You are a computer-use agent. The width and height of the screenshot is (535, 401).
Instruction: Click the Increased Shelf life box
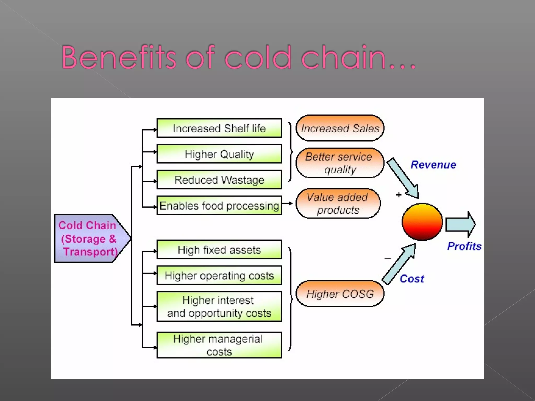coord(219,128)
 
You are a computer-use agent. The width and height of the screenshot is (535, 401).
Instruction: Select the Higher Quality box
coord(219,154)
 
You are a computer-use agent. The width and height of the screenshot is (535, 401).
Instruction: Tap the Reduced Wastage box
coord(219,180)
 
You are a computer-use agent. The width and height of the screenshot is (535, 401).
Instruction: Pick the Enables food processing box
coord(219,205)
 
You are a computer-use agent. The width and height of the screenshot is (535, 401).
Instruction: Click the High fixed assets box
coord(219,250)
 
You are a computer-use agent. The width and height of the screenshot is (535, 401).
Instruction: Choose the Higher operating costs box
coord(219,275)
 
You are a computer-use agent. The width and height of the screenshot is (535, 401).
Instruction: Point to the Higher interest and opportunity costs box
coord(219,306)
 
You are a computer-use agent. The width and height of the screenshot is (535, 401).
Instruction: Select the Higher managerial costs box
coord(219,345)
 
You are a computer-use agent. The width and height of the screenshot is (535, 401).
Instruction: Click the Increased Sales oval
coord(340,128)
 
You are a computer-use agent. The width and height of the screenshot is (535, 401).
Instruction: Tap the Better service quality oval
coord(340,163)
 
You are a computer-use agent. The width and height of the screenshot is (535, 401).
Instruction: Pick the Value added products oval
coord(338,203)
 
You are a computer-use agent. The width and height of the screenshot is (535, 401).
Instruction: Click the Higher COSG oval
coord(340,294)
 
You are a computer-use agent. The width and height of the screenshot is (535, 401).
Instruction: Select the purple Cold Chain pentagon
coord(89,238)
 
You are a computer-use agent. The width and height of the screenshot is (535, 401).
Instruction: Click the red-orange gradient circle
coord(422,222)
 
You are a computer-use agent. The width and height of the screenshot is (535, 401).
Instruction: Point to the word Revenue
coord(433,165)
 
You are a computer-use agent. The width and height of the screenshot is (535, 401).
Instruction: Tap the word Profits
coord(464,246)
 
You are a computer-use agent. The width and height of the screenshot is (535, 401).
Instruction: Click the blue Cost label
coord(412,279)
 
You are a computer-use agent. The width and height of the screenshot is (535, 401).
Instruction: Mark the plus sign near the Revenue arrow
coord(399,195)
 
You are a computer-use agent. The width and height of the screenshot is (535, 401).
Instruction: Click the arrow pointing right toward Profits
coord(460,224)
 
